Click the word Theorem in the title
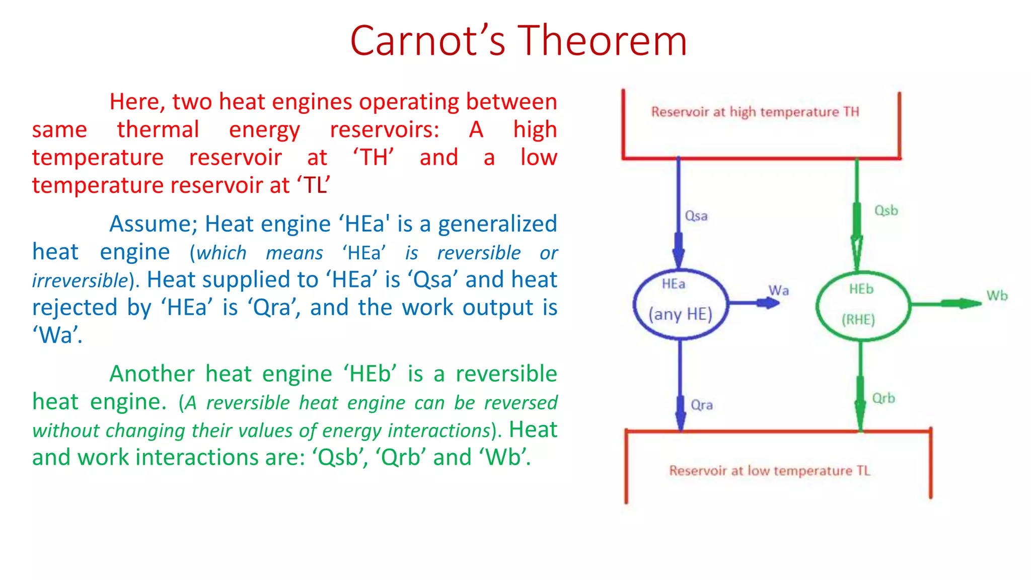[602, 41]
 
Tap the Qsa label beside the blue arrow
[696, 216]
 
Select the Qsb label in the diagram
[886, 210]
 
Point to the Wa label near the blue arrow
[778, 291]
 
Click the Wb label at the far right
[997, 296]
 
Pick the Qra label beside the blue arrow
[702, 405]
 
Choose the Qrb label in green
[883, 398]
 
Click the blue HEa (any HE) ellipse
[680, 304]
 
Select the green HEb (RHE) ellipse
[862, 306]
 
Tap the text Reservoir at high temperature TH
[755, 112]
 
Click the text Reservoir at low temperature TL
[770, 471]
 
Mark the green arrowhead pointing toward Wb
[967, 303]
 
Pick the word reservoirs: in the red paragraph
[384, 130]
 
